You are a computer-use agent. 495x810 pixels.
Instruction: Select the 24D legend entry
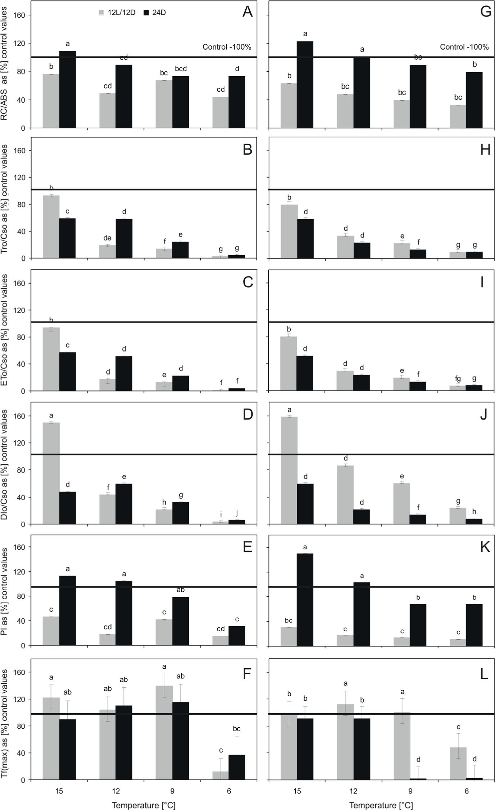(154, 13)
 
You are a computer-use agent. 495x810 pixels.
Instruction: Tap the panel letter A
(247, 12)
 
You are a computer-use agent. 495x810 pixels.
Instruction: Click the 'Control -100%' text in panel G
(464, 47)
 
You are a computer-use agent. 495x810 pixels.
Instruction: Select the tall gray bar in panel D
(51, 473)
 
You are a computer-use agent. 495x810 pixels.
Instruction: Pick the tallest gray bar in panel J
(289, 470)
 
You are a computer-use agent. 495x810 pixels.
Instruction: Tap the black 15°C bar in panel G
(305, 84)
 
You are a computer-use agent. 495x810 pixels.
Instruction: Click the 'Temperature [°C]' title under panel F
(144, 805)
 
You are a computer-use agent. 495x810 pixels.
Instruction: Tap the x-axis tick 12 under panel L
(354, 791)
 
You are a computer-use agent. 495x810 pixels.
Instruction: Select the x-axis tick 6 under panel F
(229, 791)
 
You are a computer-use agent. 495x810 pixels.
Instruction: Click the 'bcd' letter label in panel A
(181, 69)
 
